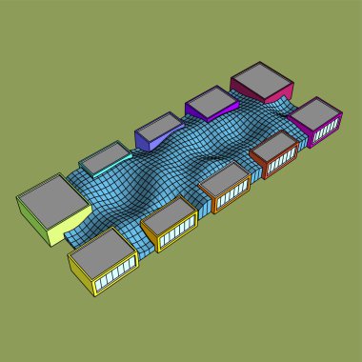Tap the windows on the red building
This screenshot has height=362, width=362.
tap(283, 163)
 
